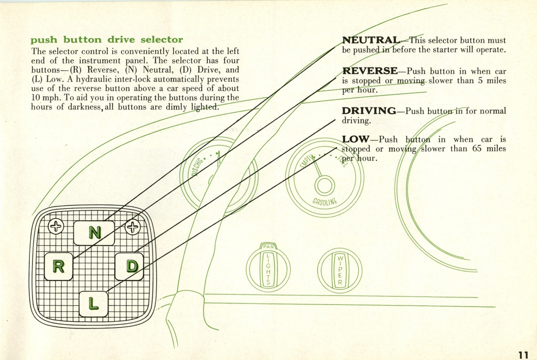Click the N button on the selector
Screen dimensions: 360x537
(x=94, y=233)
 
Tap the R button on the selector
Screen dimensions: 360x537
(x=58, y=266)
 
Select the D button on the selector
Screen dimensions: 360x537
(x=130, y=266)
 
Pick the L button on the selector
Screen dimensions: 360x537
(x=93, y=303)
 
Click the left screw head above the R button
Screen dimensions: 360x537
(x=56, y=226)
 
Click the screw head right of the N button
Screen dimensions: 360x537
(x=132, y=226)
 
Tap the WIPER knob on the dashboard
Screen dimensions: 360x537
(x=340, y=270)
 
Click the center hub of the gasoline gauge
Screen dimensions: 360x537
(x=324, y=186)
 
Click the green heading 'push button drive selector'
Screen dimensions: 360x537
(x=106, y=40)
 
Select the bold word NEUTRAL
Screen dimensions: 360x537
(x=370, y=40)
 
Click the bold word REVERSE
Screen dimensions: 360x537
(x=370, y=71)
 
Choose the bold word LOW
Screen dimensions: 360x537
(x=356, y=139)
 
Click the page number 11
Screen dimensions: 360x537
(x=523, y=353)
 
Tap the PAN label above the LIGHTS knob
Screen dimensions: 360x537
(x=268, y=247)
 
